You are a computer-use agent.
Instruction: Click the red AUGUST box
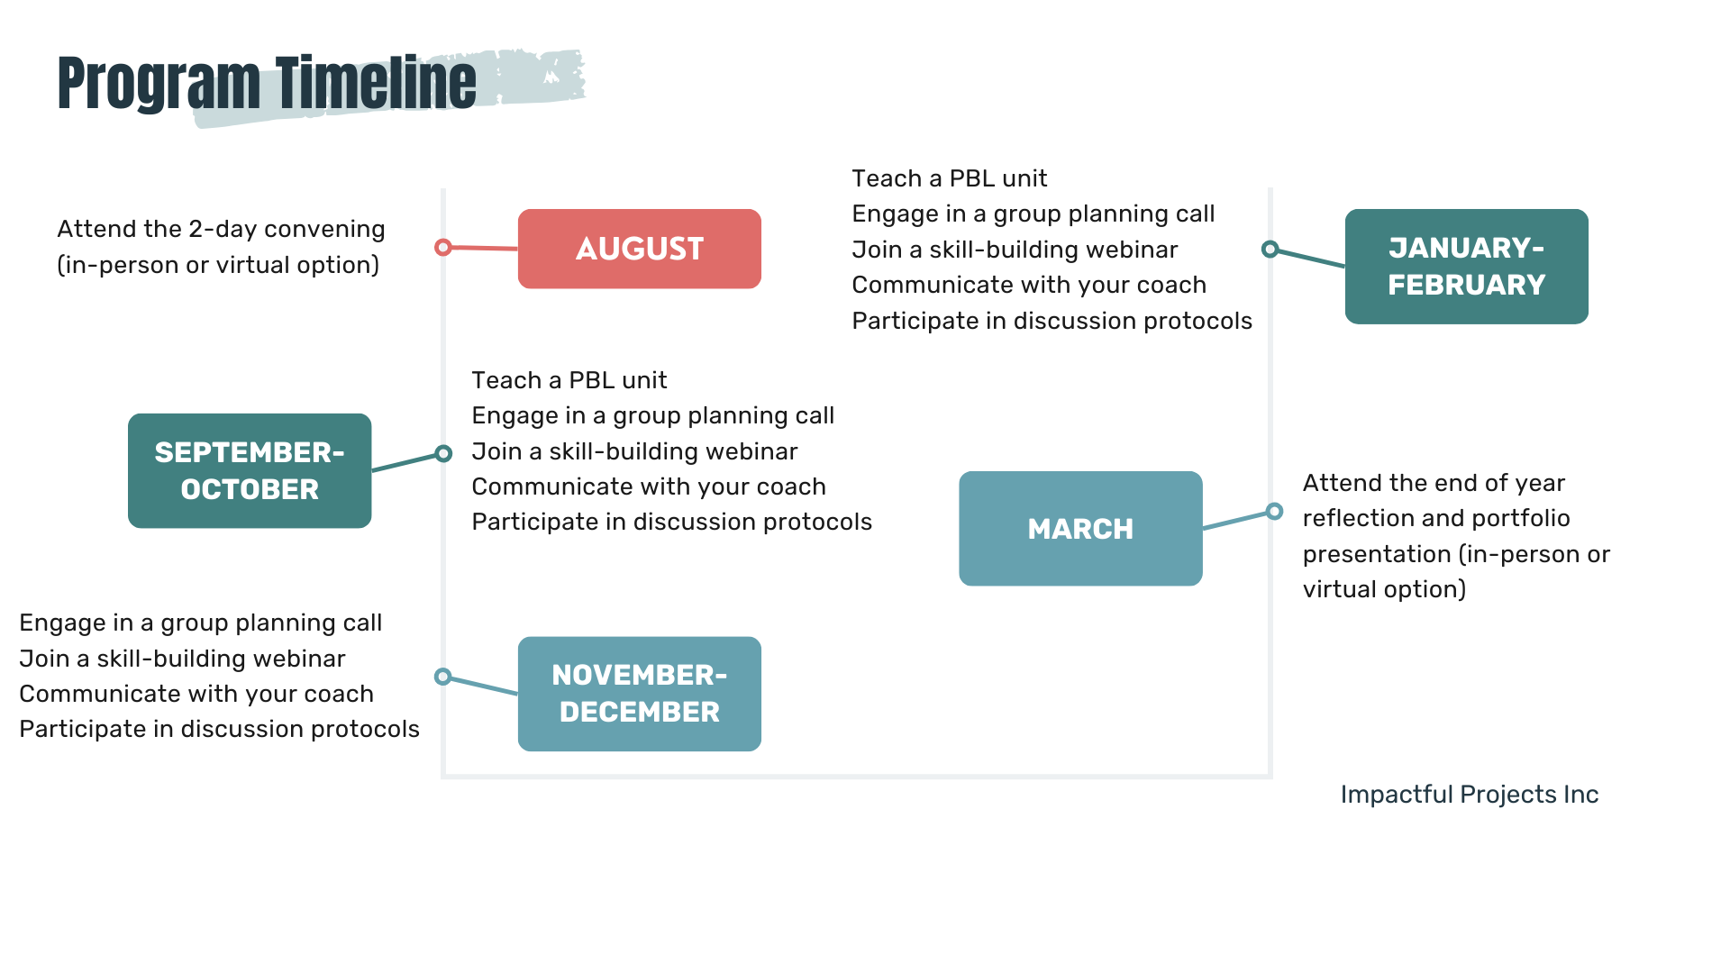tap(639, 249)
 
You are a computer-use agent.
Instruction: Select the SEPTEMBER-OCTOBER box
tap(250, 470)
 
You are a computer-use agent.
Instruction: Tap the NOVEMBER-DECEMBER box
tap(639, 694)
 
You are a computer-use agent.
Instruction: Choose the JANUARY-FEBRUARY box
tap(1466, 267)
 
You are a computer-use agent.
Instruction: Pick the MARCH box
tap(1080, 529)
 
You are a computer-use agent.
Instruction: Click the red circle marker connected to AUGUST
tap(442, 247)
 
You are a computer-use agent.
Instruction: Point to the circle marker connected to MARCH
tap(1274, 512)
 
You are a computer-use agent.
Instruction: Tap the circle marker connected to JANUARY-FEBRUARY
tap(1270, 249)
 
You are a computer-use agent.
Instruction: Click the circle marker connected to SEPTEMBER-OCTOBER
tap(443, 453)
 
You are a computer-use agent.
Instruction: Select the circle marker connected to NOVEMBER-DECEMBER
tap(442, 677)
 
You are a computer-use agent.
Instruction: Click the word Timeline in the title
tap(376, 83)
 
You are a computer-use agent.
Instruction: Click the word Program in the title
tap(159, 83)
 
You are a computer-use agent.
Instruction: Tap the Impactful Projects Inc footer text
tap(1469, 795)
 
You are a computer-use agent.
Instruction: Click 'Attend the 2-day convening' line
tap(221, 230)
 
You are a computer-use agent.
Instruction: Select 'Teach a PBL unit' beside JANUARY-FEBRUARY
tap(949, 178)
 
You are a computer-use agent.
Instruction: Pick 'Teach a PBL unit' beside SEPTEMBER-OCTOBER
tap(569, 380)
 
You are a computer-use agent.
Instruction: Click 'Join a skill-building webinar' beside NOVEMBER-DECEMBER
tap(182, 659)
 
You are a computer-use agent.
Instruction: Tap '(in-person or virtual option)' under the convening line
tap(218, 266)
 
